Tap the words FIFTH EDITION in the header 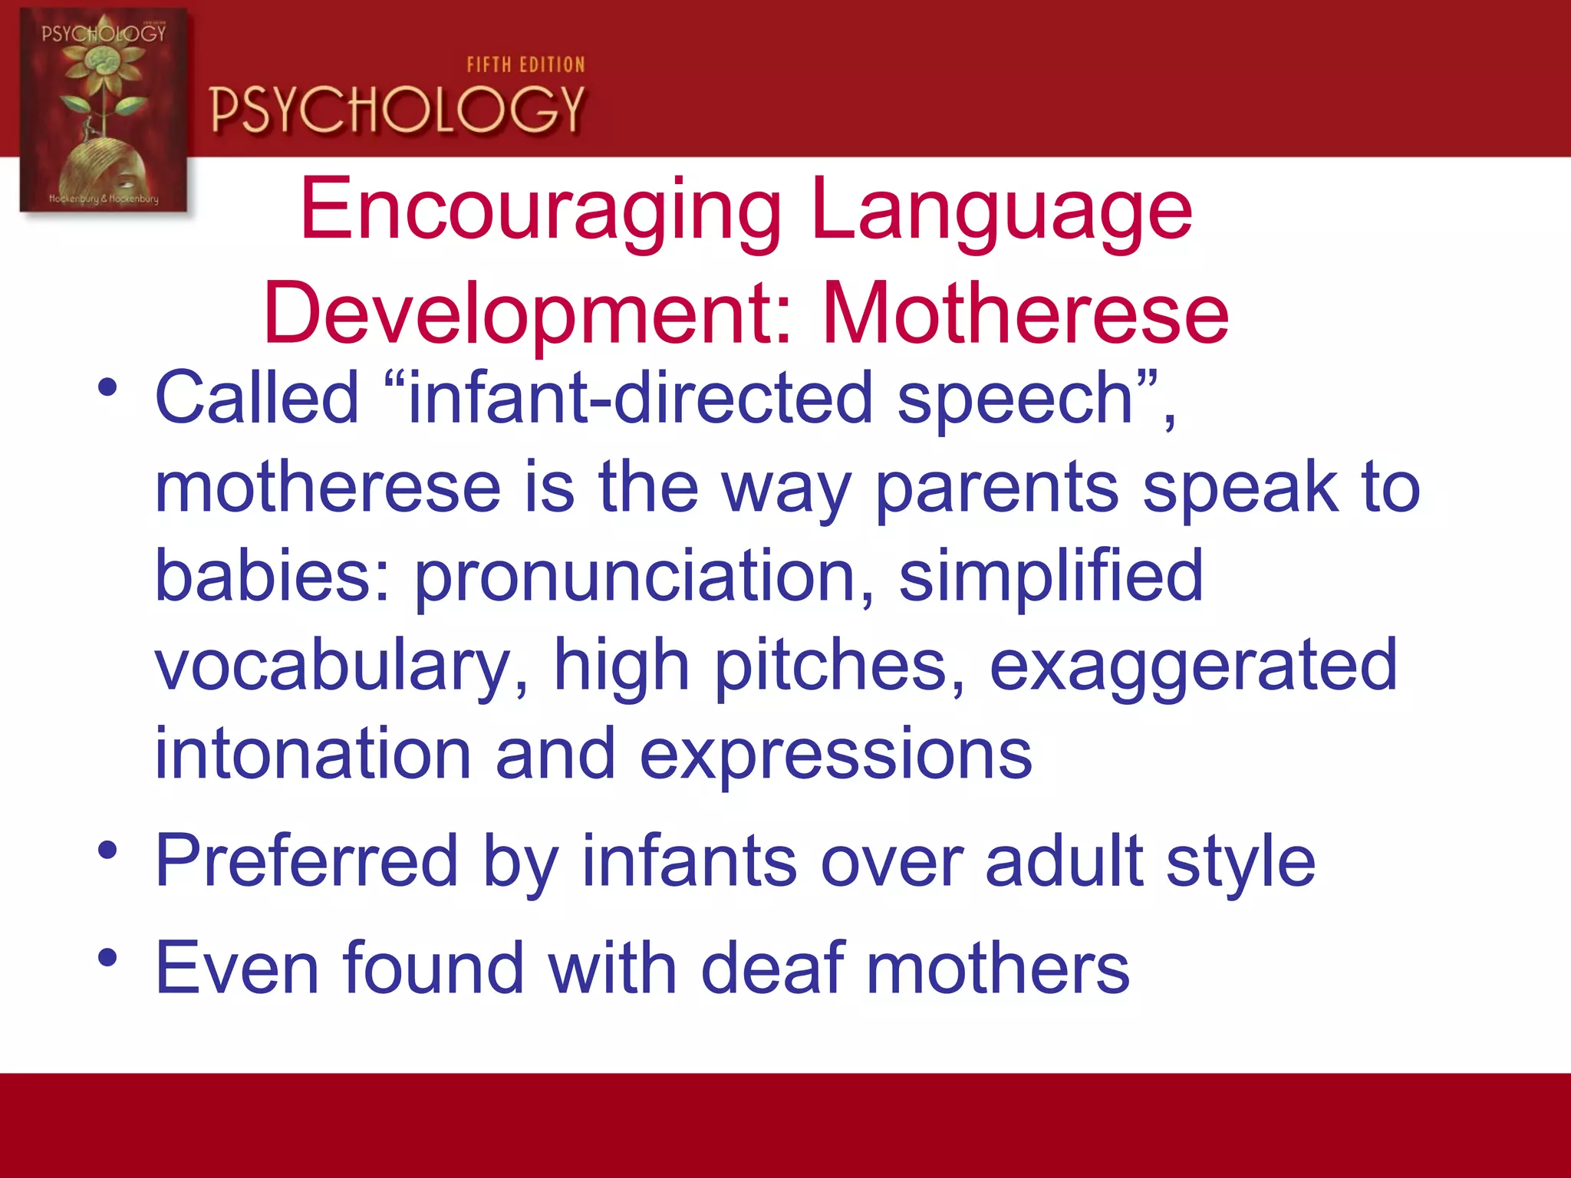525,65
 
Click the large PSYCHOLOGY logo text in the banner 397,110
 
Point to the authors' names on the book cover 104,199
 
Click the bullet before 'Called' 107,387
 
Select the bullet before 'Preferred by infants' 107,851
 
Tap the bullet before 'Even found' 107,957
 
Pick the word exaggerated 1193,666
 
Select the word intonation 313,755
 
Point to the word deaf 772,968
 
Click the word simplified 1050,577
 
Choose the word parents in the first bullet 997,489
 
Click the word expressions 836,755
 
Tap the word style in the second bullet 1240,862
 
